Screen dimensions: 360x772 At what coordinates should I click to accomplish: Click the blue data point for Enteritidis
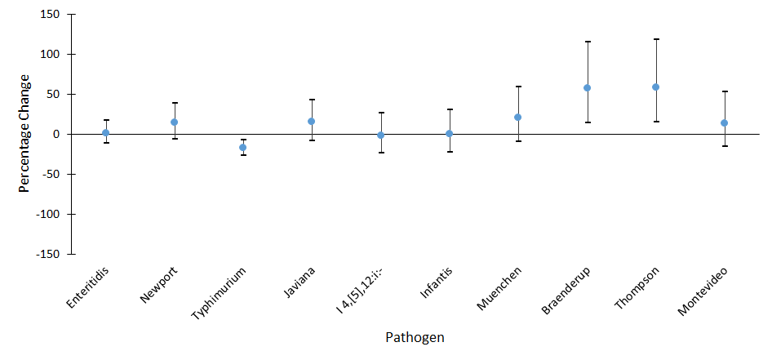click(106, 133)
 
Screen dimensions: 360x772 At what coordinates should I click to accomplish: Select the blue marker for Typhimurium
click(243, 148)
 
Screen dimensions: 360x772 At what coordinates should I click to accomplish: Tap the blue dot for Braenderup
click(587, 87)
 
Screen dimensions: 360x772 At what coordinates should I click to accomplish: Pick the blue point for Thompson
click(656, 87)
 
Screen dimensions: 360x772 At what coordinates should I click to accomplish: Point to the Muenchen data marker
click(518, 117)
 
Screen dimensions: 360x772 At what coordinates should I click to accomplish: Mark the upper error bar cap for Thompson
click(656, 39)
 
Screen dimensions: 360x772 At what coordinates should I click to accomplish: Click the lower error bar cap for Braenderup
click(587, 122)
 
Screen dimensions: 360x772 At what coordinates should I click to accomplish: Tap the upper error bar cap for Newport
click(175, 103)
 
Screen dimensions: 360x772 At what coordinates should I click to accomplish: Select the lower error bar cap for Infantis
click(450, 152)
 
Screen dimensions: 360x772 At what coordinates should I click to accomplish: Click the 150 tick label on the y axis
click(51, 15)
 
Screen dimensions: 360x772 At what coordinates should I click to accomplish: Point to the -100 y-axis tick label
click(48, 214)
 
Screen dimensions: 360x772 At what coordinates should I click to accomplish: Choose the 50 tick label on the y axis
click(55, 95)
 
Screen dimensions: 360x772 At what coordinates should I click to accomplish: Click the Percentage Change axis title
click(25, 133)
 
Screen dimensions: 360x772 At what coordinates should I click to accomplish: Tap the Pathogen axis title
click(415, 336)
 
